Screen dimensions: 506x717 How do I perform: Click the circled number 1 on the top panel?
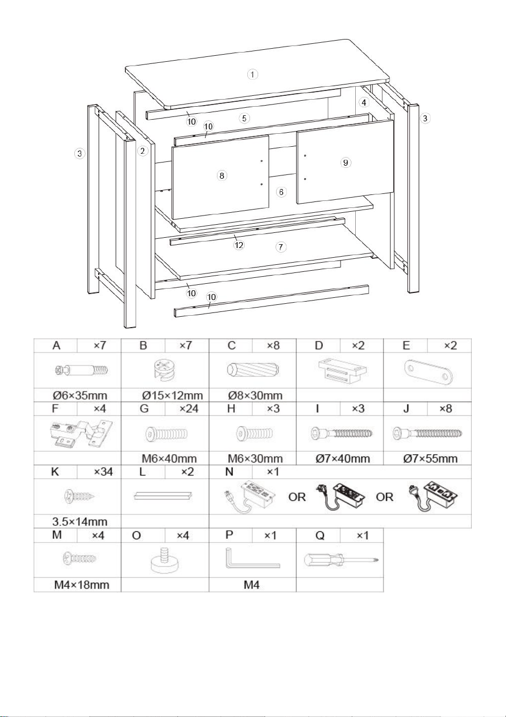[252, 75]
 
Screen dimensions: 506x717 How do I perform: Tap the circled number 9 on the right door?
[345, 162]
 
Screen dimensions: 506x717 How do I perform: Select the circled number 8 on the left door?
[222, 175]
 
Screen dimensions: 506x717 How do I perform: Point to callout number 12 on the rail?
[239, 245]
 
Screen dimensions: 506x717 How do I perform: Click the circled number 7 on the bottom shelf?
[281, 247]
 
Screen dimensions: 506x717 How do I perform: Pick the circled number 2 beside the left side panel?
[143, 151]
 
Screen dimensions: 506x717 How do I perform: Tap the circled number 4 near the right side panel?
[363, 102]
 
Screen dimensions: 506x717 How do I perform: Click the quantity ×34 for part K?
[103, 472]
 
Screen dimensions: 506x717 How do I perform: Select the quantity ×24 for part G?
[189, 408]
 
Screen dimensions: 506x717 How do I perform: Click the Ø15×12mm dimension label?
[172, 395]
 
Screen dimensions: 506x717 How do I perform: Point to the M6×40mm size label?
[169, 458]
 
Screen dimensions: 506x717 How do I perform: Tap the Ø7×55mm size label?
[430, 458]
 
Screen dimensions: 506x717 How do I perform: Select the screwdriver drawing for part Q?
[341, 560]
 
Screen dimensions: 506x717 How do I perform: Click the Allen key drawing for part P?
[252, 558]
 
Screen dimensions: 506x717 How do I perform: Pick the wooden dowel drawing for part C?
[253, 370]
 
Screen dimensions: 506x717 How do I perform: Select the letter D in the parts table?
[319, 346]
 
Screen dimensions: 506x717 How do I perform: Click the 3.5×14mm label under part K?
[80, 522]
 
